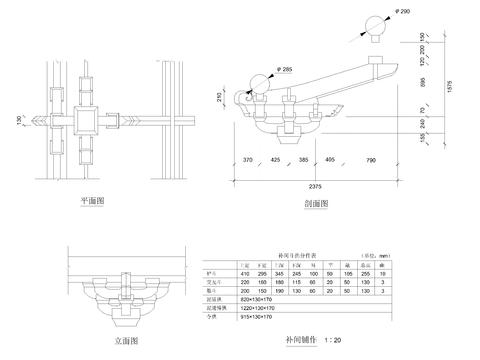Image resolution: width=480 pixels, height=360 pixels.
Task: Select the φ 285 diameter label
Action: [x=281, y=70]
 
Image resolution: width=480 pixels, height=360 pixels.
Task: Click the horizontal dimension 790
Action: [x=370, y=160]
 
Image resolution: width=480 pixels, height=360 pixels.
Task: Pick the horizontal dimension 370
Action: [x=246, y=160]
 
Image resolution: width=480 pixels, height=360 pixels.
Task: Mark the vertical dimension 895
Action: [x=423, y=84]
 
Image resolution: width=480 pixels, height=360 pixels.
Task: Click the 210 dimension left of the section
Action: [x=220, y=97]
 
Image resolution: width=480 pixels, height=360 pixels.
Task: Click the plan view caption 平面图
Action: [x=93, y=201]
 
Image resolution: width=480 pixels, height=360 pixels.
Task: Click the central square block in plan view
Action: [x=83, y=122]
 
